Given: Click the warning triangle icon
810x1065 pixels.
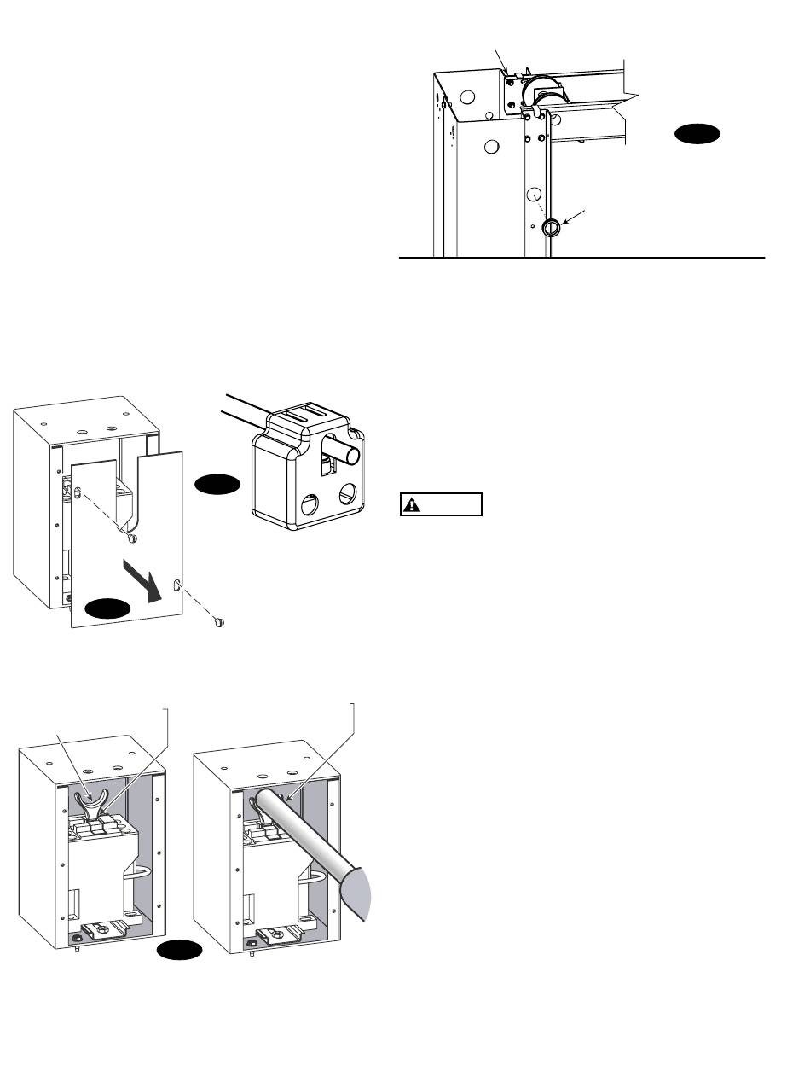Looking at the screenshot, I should (413, 505).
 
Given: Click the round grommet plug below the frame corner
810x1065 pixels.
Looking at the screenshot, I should (551, 227).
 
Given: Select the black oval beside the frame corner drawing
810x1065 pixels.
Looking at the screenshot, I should (697, 135).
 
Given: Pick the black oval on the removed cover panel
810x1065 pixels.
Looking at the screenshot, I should (107, 608).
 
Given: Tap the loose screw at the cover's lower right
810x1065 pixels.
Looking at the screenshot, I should (218, 621).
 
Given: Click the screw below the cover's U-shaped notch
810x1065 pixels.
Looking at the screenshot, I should (130, 539).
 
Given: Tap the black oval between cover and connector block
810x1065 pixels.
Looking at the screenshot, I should (217, 485).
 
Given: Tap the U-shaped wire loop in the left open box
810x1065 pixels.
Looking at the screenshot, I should (139, 874).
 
